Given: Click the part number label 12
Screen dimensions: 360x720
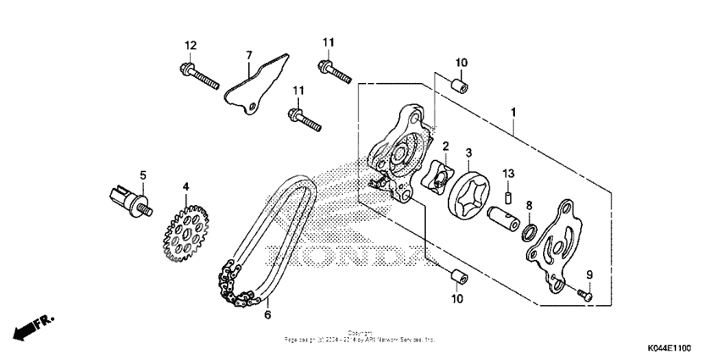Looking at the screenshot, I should (x=191, y=44).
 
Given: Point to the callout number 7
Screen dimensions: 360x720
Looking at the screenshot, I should (x=249, y=56).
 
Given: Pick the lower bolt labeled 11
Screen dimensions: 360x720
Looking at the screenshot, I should (x=306, y=119).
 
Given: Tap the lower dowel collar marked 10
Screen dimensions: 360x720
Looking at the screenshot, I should (x=456, y=275).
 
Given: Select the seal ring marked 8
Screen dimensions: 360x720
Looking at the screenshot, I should (x=529, y=232).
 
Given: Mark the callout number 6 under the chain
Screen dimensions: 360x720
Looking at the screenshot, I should (x=268, y=315).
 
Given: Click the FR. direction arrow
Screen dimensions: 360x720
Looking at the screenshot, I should (x=32, y=326).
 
